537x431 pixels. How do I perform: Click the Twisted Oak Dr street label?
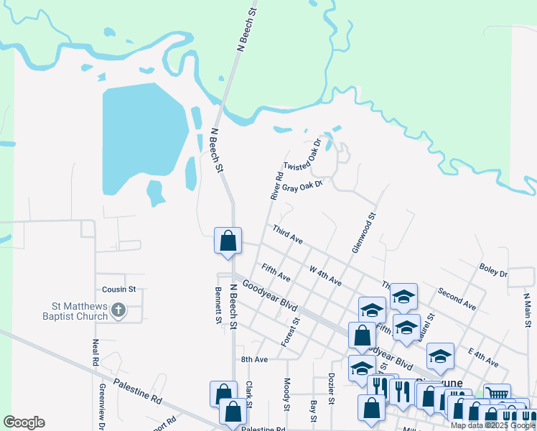pos(310,155)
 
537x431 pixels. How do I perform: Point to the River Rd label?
pos(276,186)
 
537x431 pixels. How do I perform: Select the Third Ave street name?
pos(287,234)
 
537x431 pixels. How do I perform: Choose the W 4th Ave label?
pos(325,276)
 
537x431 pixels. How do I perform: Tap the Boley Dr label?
pos(493,274)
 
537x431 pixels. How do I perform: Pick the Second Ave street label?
pos(457,300)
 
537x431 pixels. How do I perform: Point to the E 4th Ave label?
pos(482,358)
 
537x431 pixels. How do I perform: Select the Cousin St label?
pos(118,289)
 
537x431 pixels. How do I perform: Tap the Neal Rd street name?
pos(95,353)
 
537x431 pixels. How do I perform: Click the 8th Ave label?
pos(254,359)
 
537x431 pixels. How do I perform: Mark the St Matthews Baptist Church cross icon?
pos(120,311)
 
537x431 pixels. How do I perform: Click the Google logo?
pos(24,422)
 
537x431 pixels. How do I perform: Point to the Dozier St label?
pos(332,391)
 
